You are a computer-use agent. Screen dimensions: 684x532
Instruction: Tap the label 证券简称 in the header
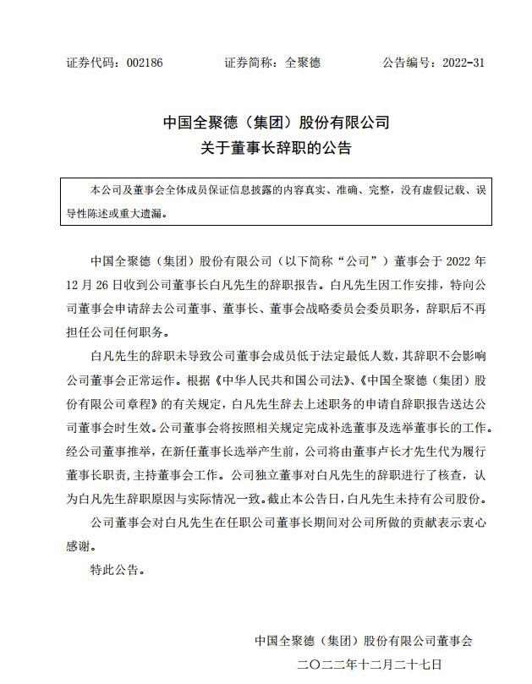(244, 63)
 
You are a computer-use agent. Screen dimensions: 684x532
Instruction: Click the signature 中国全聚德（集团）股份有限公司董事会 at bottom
(364, 641)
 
